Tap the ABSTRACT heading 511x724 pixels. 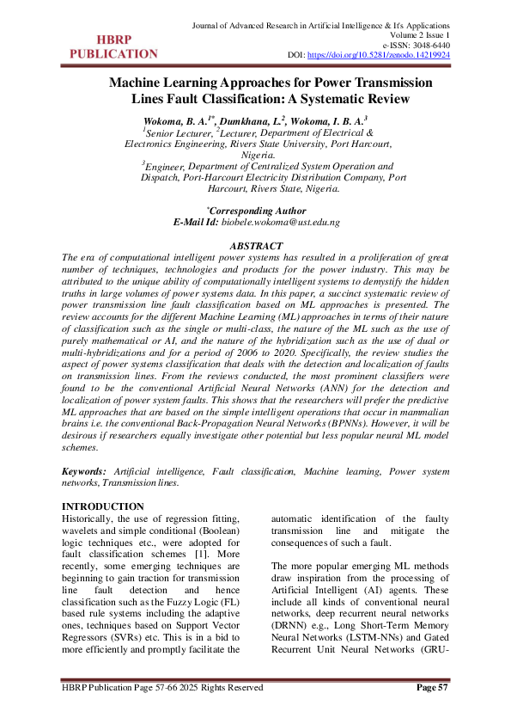[x=256, y=246]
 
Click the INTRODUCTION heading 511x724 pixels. [x=104, y=506]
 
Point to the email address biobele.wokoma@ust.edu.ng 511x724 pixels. [x=281, y=222]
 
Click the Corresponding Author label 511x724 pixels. [x=258, y=211]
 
